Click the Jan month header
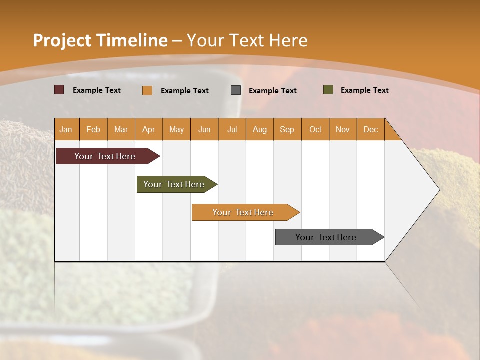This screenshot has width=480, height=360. coord(66,129)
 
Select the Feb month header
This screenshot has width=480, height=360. coord(93,129)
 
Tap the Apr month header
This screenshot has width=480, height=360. coord(148,129)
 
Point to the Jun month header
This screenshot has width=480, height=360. coord(204,129)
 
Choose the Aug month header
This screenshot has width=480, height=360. coord(259,129)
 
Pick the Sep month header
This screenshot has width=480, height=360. coord(287,129)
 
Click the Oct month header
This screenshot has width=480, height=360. coord(315,129)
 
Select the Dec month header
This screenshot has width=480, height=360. coord(370,129)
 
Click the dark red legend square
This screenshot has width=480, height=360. coord(59,90)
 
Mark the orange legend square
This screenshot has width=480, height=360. coord(147,90)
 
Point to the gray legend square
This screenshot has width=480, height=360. coord(236,90)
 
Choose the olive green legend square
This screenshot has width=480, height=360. coord(328,90)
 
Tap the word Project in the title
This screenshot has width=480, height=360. coord(62,40)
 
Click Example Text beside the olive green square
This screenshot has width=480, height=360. coord(364,90)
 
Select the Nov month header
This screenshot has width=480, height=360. coord(342,129)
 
